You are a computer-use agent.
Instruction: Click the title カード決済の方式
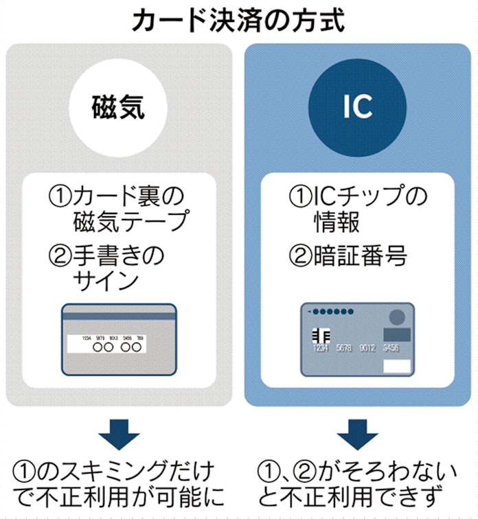[238, 19]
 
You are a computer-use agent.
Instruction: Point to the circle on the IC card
[397, 317]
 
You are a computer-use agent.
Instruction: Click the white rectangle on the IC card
[397, 365]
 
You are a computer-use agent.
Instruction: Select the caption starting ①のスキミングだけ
[118, 485]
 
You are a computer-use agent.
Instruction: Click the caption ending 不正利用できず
[357, 485]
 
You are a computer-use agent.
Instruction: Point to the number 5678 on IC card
[345, 349]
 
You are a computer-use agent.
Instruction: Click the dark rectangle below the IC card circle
[397, 334]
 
